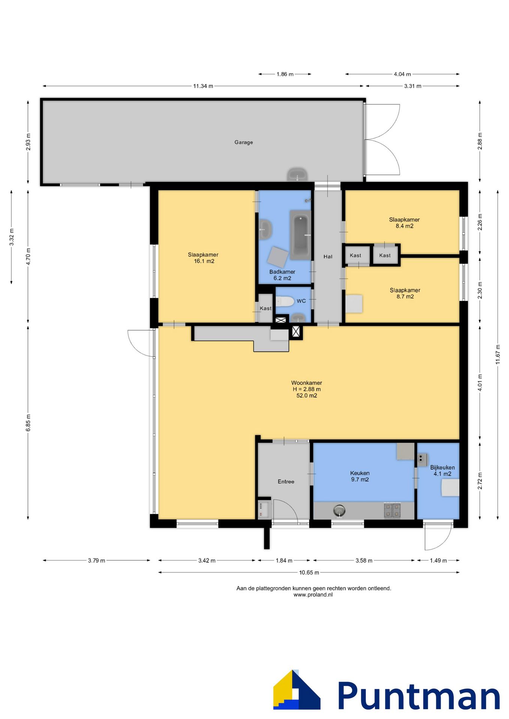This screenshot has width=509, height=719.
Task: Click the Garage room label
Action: (x=244, y=142)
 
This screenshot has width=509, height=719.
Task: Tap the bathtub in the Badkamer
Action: (x=300, y=235)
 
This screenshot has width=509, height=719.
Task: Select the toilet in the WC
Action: (x=285, y=301)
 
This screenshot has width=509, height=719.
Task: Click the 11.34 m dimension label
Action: (x=203, y=86)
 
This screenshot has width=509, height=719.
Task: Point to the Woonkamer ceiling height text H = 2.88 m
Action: (x=307, y=389)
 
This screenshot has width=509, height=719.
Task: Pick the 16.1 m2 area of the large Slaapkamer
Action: (x=204, y=261)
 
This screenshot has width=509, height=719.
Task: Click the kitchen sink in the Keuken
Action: (x=339, y=510)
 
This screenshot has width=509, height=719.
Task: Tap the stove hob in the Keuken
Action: (x=392, y=510)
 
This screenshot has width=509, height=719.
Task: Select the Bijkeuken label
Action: (x=442, y=467)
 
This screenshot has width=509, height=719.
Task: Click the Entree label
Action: (x=286, y=482)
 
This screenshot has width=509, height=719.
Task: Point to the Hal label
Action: (x=328, y=257)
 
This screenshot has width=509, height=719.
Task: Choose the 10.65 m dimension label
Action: (x=309, y=573)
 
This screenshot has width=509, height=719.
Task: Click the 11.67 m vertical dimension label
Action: (x=498, y=354)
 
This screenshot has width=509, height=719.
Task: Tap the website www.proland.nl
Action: (x=313, y=595)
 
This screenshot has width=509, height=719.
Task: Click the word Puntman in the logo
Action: (x=419, y=695)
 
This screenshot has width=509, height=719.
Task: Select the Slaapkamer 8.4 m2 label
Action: (x=404, y=223)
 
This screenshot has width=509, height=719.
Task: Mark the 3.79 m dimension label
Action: (x=97, y=561)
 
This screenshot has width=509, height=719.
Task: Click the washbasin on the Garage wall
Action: (x=297, y=175)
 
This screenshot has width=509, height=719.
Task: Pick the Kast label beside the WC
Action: (x=265, y=309)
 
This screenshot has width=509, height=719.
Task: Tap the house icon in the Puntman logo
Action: (x=296, y=690)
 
